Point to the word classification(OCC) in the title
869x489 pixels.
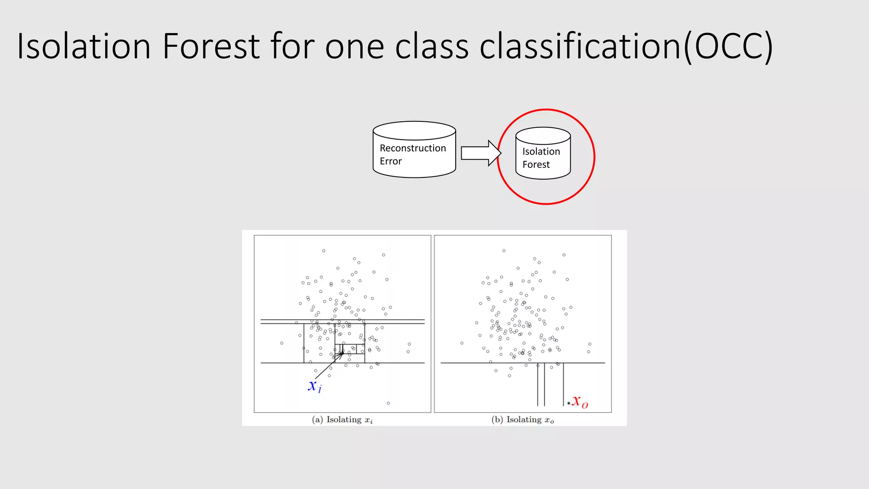pyautogui.click(x=626, y=47)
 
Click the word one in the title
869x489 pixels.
pyautogui.click(x=355, y=47)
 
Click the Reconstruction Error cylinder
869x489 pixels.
pyautogui.click(x=414, y=150)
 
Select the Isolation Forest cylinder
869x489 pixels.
pyautogui.click(x=543, y=154)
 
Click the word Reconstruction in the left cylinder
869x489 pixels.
pyautogui.click(x=413, y=148)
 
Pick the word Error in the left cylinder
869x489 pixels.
pyautogui.click(x=390, y=161)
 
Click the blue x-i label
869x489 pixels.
pyautogui.click(x=314, y=386)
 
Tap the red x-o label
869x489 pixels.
pyautogui.click(x=580, y=401)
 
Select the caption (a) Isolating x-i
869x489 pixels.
pyautogui.click(x=342, y=420)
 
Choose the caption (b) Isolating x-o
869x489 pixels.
pyautogui.click(x=523, y=420)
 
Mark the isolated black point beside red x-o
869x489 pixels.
pyautogui.click(x=569, y=403)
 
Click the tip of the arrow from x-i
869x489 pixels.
pyautogui.click(x=342, y=352)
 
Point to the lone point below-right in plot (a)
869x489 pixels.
pyautogui.click(x=388, y=403)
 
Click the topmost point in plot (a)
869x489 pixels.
pyautogui.click(x=324, y=251)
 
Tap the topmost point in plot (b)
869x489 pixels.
pyautogui.click(x=504, y=251)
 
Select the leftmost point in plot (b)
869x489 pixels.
pyautogui.click(x=462, y=343)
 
